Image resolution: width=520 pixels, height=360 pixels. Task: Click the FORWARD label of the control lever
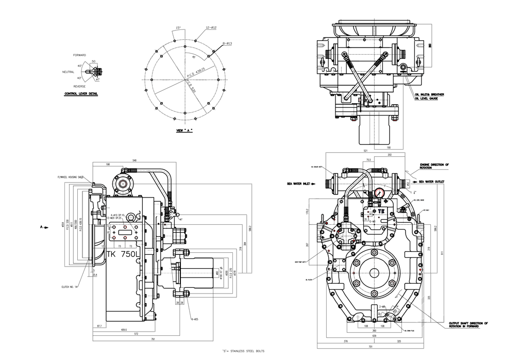79,55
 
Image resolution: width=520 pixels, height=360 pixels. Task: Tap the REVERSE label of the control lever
79,86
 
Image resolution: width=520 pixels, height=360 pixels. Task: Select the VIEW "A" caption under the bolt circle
184,131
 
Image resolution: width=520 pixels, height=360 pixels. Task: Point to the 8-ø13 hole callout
227,44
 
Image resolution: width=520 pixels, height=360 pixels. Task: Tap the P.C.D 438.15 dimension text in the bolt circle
196,74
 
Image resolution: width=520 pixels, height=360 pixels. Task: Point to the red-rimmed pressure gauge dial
379,192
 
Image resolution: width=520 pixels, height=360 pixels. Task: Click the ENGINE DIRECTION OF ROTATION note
434,165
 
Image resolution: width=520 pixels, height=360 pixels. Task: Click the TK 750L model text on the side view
123,254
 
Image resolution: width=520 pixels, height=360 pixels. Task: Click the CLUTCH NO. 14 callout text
69,286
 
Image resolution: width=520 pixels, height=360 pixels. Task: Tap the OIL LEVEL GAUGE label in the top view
426,99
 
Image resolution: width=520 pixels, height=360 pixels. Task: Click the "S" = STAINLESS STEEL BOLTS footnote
243,351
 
